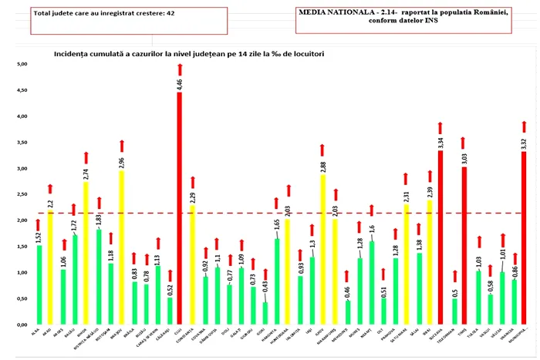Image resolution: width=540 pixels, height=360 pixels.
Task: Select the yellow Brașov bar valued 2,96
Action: click(121, 247)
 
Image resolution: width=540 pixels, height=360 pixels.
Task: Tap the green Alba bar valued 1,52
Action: click(39, 285)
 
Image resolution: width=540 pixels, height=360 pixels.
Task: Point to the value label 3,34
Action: click(440, 143)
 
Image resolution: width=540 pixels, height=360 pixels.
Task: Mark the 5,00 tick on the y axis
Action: click(22, 64)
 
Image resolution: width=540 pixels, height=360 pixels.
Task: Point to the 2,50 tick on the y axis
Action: click(22, 194)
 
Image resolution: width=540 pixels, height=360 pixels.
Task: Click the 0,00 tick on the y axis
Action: click(22, 325)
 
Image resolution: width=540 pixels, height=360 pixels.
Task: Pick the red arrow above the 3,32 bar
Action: click(524, 126)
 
